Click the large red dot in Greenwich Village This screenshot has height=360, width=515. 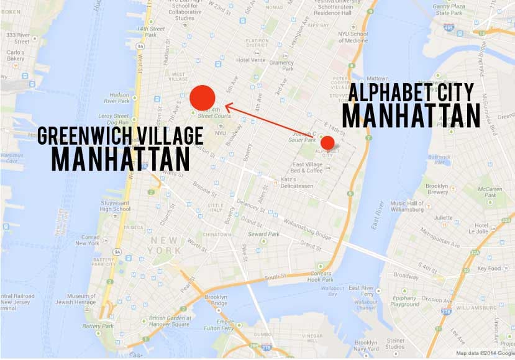[x=203, y=97]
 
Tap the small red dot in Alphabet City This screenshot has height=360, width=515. [x=327, y=143]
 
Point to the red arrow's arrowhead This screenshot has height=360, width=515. [x=228, y=106]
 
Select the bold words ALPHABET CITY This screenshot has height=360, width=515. [x=411, y=93]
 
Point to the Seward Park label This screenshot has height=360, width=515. [x=279, y=235]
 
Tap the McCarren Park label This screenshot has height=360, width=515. [x=491, y=192]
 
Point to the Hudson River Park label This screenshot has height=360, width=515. [x=119, y=99]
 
